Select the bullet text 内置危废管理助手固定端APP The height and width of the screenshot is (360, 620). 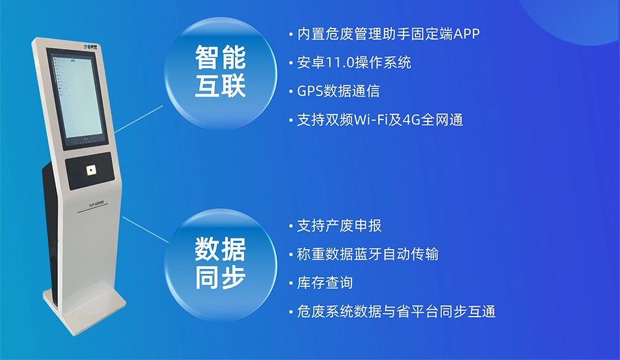pos(388,33)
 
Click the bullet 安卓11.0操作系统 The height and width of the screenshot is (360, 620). pos(353,63)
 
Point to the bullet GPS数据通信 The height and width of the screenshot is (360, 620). pos(338,91)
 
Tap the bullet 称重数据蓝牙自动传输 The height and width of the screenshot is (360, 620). pos(368,254)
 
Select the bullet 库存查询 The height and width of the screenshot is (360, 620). pos(325,283)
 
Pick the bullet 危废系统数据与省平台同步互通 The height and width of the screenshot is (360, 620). pos(396,312)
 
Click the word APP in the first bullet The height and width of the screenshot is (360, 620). pos(467,33)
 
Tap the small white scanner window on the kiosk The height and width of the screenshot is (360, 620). pos(91,169)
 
